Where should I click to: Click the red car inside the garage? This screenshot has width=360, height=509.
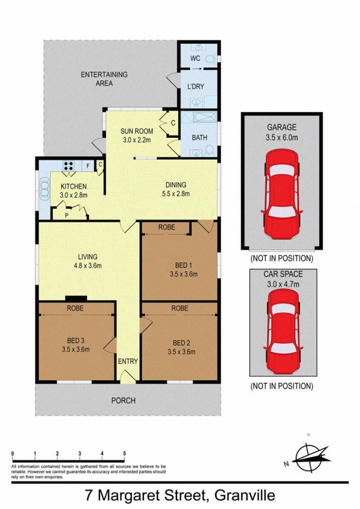tap(281, 194)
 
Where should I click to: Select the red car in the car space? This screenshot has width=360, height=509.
tap(283, 331)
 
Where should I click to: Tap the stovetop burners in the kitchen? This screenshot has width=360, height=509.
tap(68, 166)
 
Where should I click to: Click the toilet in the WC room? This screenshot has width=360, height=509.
tap(211, 59)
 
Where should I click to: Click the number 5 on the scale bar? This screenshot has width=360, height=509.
tap(124, 453)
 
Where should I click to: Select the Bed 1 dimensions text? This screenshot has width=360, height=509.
tap(183, 274)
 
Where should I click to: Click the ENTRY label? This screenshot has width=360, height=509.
tap(128, 362)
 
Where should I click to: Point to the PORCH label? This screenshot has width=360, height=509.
tap(124, 400)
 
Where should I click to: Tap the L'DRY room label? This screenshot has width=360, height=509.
tap(196, 86)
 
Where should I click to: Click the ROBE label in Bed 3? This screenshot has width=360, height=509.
tap(75, 308)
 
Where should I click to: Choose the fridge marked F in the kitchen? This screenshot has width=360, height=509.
tap(88, 166)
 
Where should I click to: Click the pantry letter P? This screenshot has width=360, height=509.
tap(67, 215)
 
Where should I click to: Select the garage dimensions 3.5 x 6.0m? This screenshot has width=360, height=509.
tap(281, 137)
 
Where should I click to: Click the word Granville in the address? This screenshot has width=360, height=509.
tap(245, 495)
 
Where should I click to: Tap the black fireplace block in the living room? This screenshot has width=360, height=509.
tap(76, 299)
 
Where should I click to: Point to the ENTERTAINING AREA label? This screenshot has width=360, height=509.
tap(104, 79)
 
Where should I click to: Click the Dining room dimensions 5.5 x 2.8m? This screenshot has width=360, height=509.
tap(176, 194)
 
